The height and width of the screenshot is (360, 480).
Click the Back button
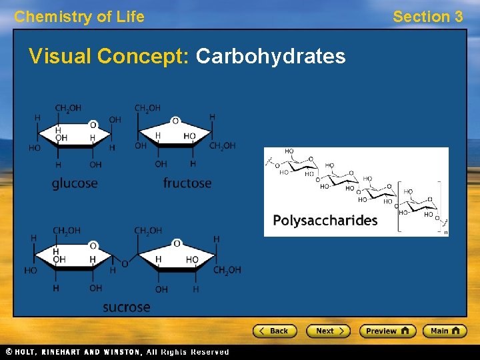point(274,331)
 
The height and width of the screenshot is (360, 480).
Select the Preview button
point(387,331)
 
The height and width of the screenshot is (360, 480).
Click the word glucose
point(75,183)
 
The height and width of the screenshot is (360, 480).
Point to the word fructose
point(187,183)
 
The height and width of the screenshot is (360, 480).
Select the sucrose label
point(126,307)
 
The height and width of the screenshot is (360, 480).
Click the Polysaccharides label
point(325,221)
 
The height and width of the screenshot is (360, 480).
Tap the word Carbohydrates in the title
point(271,57)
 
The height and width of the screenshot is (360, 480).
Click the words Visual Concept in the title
point(109,57)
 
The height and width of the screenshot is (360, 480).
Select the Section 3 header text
point(427,17)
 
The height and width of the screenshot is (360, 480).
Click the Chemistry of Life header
point(79,17)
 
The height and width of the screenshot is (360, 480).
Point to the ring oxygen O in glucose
point(93,125)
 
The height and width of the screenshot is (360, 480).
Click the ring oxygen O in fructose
point(175,121)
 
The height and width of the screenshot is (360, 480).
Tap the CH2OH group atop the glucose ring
point(68,108)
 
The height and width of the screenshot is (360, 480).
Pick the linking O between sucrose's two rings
point(125,265)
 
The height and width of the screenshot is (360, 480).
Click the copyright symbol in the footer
point(9,352)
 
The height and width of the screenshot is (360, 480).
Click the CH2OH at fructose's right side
point(223,146)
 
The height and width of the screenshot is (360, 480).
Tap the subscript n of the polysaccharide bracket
point(445,232)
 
